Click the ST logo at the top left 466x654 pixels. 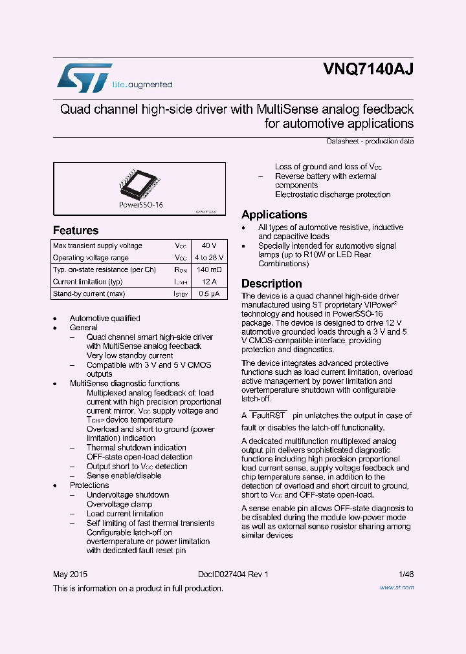(84, 78)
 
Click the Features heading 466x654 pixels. (76, 230)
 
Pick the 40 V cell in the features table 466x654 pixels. (209, 246)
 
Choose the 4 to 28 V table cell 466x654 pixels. (209, 258)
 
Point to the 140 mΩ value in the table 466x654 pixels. (209, 269)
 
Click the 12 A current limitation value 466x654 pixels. (209, 282)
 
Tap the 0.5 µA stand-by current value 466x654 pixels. (209, 294)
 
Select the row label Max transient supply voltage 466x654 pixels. (98, 246)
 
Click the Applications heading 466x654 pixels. (274, 215)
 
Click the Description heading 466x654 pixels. (272, 284)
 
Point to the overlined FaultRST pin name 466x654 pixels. (268, 416)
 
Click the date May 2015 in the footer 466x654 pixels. (70, 575)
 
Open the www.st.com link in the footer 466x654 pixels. (397, 587)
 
